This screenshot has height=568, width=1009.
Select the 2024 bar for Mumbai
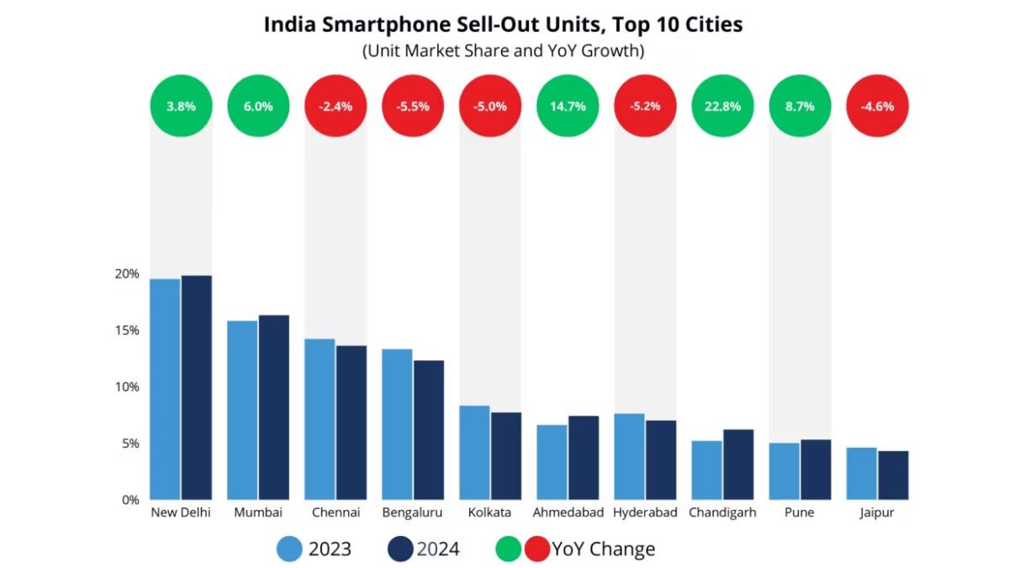[273, 407]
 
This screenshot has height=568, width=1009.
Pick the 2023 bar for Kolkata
[475, 453]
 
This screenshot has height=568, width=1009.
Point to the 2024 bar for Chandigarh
[738, 464]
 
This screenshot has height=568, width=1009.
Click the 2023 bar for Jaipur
[861, 474]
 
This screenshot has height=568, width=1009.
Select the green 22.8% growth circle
[722, 106]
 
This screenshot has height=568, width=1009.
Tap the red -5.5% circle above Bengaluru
[413, 106]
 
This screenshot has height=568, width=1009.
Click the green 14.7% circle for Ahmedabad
[568, 106]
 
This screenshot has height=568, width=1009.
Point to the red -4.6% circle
[877, 106]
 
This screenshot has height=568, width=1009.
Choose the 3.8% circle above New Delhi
[181, 106]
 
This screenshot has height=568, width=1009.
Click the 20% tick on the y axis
[127, 274]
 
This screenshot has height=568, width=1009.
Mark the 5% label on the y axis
[127, 443]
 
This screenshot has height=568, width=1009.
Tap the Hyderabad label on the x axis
[645, 512]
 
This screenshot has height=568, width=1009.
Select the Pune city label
[799, 512]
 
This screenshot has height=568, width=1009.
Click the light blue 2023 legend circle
[289, 549]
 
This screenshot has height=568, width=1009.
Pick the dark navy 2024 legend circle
[399, 549]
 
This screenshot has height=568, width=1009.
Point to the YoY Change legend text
[603, 549]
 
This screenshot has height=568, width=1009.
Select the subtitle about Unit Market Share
[503, 50]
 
